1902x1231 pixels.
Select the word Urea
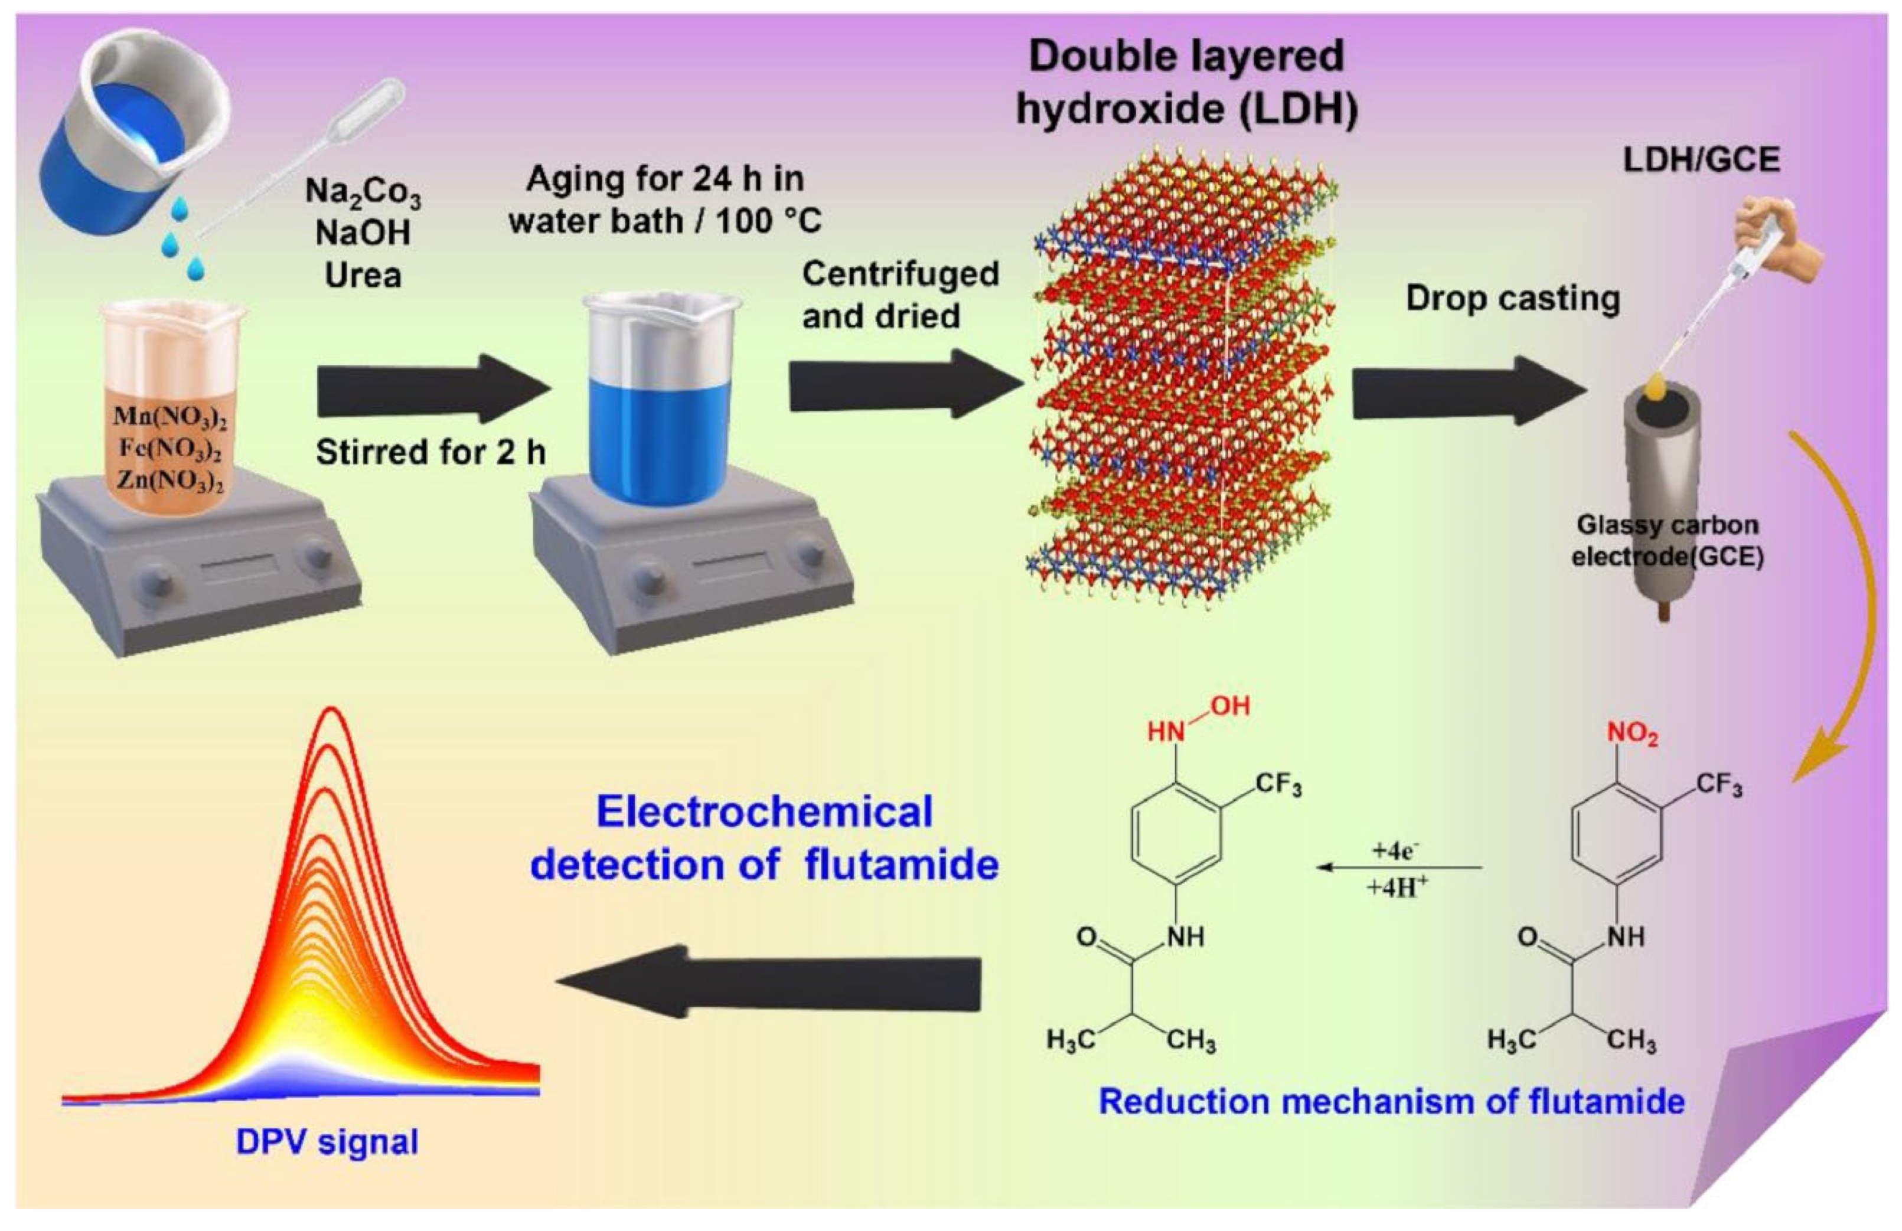tap(363, 276)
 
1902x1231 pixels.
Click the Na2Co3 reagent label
tap(363, 192)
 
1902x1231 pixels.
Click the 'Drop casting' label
tap(1512, 299)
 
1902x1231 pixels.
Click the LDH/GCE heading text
tap(1701, 161)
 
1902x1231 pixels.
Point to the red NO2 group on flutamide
tap(1632, 733)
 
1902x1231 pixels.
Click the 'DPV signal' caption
tap(327, 1141)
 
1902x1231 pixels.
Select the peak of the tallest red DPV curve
tap(332, 711)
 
